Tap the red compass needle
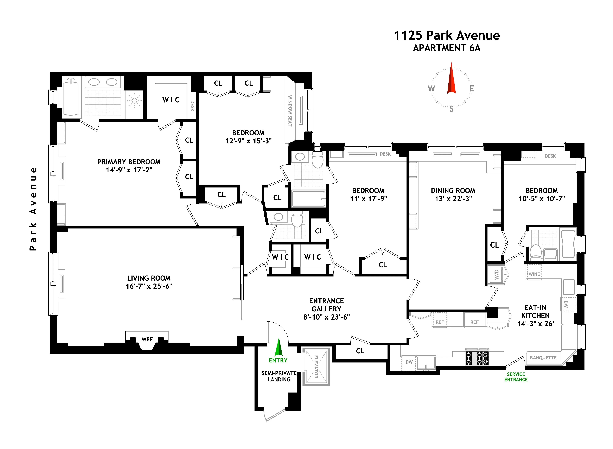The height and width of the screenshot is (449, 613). [x=451, y=79]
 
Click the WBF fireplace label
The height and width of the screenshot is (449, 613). [x=147, y=339]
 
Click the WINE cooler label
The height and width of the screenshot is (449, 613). [x=534, y=274]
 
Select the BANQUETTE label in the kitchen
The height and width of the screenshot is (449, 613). [x=543, y=358]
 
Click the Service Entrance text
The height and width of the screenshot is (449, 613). [x=516, y=377]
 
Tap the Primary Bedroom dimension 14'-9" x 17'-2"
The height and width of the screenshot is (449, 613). [x=129, y=170]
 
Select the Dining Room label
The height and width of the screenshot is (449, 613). [x=453, y=191]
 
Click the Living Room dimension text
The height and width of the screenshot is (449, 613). [x=149, y=286]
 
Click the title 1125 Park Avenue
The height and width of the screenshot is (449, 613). [x=447, y=36]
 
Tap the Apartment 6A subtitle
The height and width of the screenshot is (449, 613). [x=447, y=48]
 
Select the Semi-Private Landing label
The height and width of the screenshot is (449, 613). [x=279, y=376]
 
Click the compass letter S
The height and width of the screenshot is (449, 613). [x=451, y=109]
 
